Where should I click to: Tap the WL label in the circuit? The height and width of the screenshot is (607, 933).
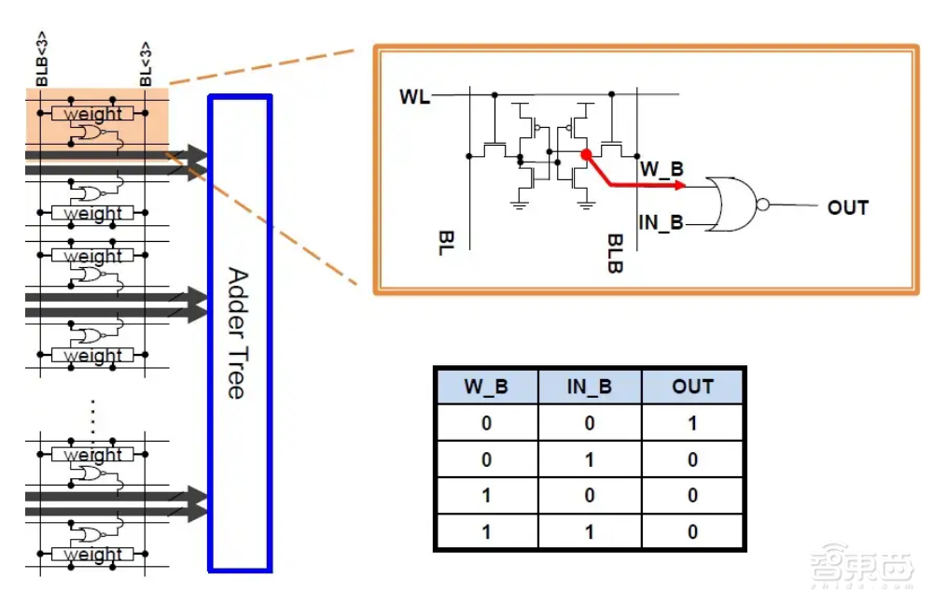tap(415, 96)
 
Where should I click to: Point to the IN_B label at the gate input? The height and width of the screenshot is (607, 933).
tap(661, 222)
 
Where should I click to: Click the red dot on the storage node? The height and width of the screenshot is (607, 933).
tap(586, 154)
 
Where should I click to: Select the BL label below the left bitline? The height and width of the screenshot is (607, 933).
tap(445, 246)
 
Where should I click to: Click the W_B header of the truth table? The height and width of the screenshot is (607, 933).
tap(486, 387)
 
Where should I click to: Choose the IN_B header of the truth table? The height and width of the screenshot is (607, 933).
tap(590, 387)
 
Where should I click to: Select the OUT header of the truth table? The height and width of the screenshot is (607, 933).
tap(692, 387)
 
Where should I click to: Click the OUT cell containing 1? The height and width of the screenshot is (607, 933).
tap(692, 423)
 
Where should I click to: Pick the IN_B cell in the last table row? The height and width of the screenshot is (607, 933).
tap(590, 531)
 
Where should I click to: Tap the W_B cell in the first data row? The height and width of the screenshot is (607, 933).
tap(486, 423)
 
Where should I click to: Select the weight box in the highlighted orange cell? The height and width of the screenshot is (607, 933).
tap(93, 114)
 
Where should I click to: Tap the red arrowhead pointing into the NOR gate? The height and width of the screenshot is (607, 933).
tap(682, 186)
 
